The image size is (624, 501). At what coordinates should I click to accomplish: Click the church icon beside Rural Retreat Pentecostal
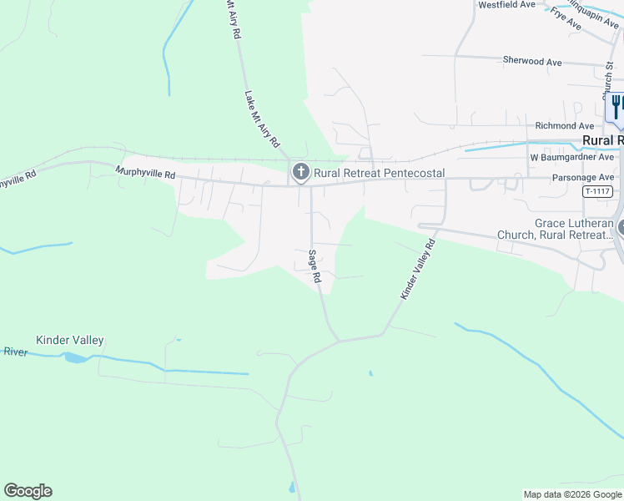[x=300, y=173]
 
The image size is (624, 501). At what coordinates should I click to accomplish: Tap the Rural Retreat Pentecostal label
[x=379, y=174]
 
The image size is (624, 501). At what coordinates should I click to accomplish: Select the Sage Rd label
[x=315, y=267]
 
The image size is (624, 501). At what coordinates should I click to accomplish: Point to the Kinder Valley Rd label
[x=418, y=270]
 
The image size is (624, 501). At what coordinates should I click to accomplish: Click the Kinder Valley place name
[x=70, y=341]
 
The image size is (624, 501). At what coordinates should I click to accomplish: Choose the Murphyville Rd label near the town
[x=145, y=175]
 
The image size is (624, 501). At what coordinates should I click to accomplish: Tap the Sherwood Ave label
[x=532, y=61]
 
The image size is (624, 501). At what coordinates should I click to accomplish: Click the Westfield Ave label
[x=506, y=5]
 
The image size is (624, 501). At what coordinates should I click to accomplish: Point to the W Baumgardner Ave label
[x=572, y=157]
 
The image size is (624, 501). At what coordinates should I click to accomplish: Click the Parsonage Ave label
[x=583, y=178]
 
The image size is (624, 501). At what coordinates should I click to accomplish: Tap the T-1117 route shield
[x=596, y=191]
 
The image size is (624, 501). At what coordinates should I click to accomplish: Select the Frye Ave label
[x=566, y=18]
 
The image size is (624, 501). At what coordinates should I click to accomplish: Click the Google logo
[x=28, y=491]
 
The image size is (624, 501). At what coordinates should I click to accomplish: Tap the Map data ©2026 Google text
[x=571, y=494]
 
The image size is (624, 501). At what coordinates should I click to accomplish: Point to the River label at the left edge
[x=15, y=352]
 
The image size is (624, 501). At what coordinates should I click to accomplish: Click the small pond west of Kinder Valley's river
[x=74, y=357]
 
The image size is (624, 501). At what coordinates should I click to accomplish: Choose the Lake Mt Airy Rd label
[x=261, y=119]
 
